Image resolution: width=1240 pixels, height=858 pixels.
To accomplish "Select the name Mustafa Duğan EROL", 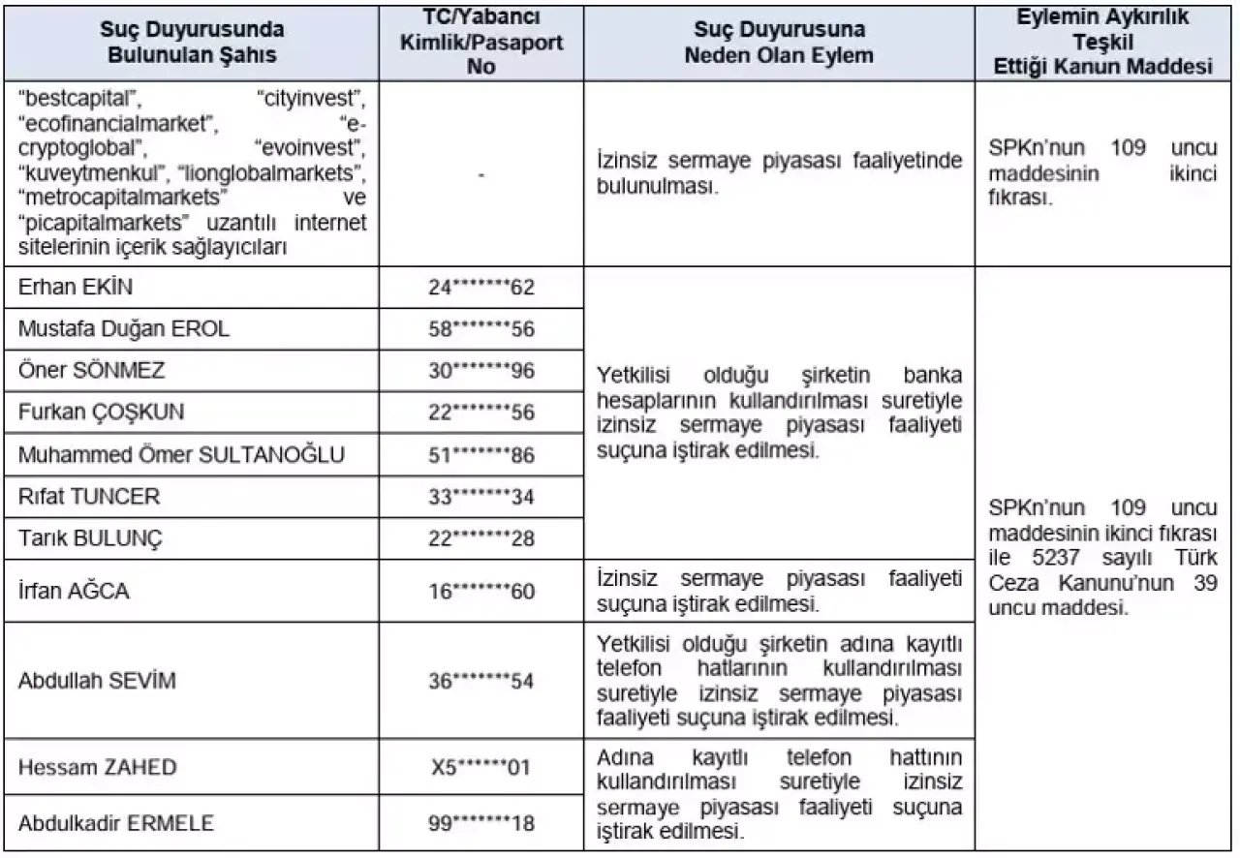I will pos(124,328).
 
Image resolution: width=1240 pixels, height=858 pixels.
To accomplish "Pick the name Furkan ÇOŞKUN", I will pos(101,412).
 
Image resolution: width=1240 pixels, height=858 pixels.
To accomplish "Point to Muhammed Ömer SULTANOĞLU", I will pos(181,453).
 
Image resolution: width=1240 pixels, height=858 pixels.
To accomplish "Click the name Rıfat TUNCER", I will pos(89,496).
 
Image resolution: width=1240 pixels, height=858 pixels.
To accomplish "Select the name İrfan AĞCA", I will pos(74,590).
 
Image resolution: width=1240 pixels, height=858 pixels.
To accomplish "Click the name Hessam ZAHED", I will pos(98,767).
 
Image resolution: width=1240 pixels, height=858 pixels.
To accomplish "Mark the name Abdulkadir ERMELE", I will pos(116,823).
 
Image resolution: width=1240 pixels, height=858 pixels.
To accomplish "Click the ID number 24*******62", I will pos(481,288).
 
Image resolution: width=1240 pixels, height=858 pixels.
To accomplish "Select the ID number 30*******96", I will pos(481,370).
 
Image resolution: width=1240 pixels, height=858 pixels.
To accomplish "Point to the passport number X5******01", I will pos(481,767).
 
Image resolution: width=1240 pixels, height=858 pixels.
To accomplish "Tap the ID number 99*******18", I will pos(481,823).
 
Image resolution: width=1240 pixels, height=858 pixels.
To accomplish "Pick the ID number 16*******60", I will pos(481,590).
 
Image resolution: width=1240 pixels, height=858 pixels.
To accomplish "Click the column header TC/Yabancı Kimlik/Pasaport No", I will pos(481,42).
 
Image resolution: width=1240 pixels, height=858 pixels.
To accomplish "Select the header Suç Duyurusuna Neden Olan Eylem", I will pos(779,42).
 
